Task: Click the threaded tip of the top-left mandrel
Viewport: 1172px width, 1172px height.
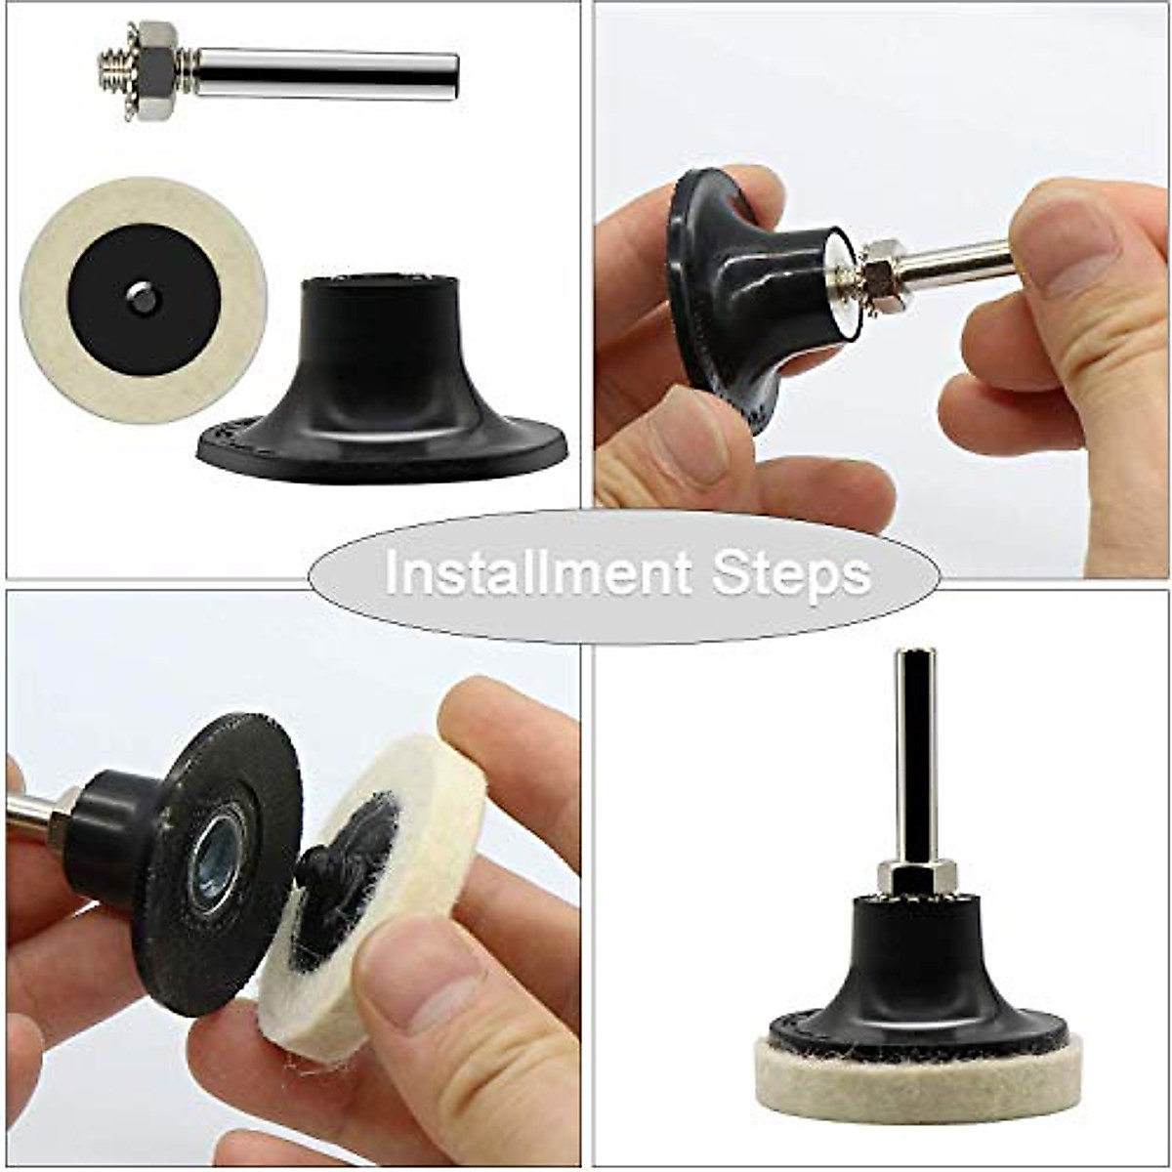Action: [113, 70]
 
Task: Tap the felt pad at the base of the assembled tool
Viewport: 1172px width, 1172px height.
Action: [918, 1084]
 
